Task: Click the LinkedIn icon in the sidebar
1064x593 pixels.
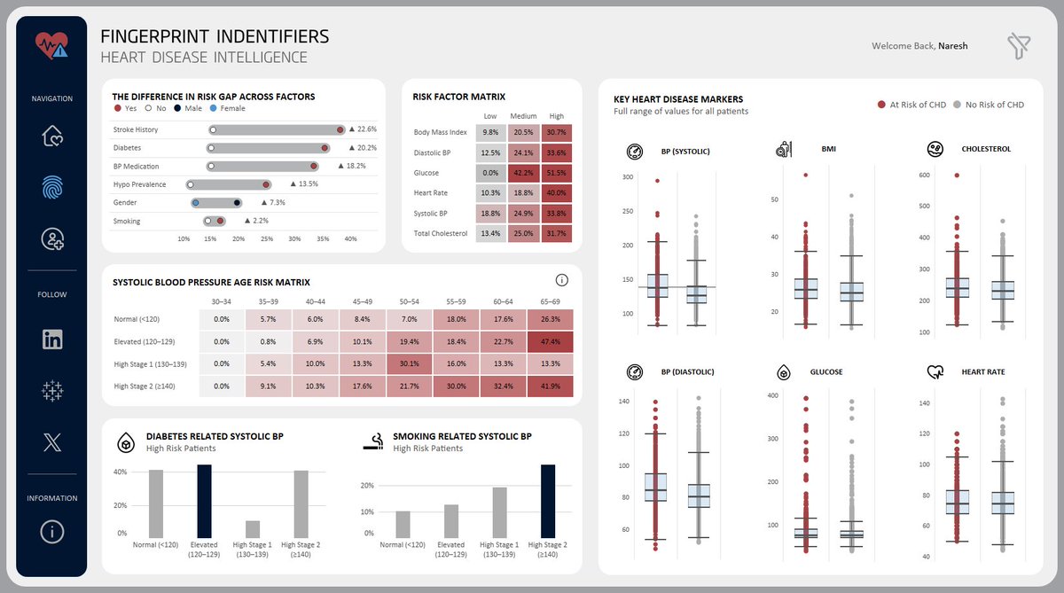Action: click(x=52, y=339)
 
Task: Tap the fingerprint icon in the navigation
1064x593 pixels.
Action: click(x=52, y=187)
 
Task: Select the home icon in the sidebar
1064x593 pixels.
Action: click(x=52, y=136)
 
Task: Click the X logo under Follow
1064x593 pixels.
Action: click(x=52, y=442)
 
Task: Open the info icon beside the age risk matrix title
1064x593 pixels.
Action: click(x=561, y=280)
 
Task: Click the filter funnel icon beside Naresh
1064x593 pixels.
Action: click(x=1019, y=46)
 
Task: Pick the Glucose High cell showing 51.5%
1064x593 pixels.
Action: click(x=556, y=173)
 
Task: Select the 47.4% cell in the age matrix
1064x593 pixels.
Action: click(x=550, y=342)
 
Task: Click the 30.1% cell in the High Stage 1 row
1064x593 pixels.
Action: click(x=409, y=363)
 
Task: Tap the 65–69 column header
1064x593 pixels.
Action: click(x=550, y=301)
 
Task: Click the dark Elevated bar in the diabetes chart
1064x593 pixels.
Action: click(x=204, y=502)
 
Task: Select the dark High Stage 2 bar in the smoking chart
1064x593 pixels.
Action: click(x=548, y=502)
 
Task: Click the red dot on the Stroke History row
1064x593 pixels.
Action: click(x=340, y=129)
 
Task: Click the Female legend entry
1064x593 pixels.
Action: click(x=228, y=108)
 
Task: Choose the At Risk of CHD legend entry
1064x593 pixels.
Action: click(x=911, y=105)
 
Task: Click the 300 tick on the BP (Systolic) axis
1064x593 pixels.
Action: click(x=628, y=177)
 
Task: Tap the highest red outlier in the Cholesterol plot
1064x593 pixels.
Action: click(x=957, y=176)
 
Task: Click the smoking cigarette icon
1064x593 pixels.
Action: click(x=374, y=441)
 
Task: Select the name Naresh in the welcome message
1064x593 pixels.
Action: click(x=952, y=46)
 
